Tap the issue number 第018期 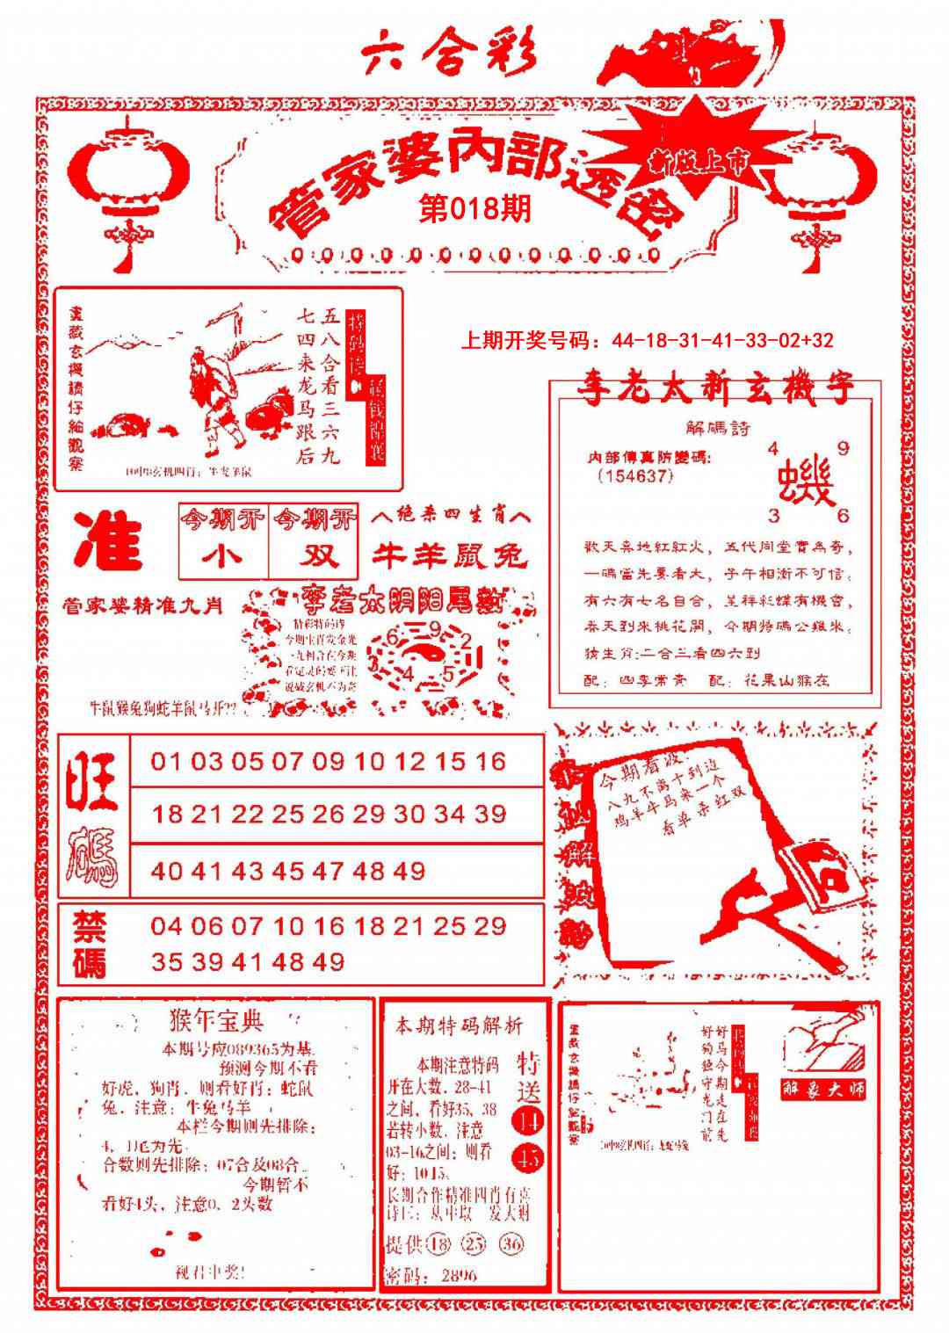click(x=474, y=209)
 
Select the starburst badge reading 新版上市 click(x=699, y=159)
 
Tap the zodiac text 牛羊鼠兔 click(x=449, y=555)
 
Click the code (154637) click(x=634, y=475)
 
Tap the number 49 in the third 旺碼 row click(x=409, y=872)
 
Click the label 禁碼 click(x=91, y=945)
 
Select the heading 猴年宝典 click(x=215, y=1021)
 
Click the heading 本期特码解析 click(x=459, y=1025)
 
